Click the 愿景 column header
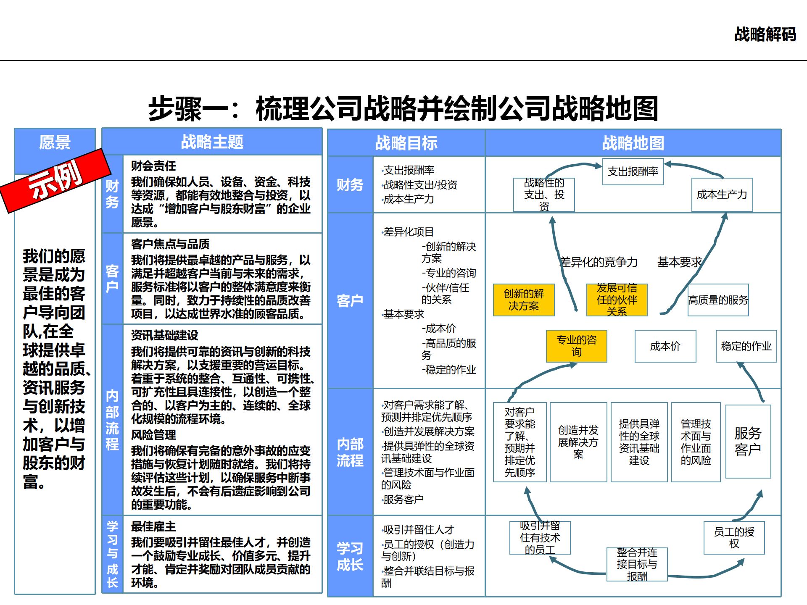pos(55,142)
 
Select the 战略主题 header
pos(212,142)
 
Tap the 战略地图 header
pos(633,143)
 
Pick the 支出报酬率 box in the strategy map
pos(633,171)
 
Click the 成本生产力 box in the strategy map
pos(722,195)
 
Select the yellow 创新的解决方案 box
pos(524,300)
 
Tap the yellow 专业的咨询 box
pos(576,346)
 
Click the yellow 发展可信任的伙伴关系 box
pos(617,300)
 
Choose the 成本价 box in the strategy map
pos(665,346)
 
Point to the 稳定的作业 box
pos(746,346)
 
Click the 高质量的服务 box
pos(718,300)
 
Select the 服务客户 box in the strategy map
pos(748,441)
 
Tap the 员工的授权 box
pos(734,538)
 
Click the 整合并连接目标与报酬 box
pos(637,564)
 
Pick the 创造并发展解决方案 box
pos(578,442)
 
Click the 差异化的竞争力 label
pos(599,262)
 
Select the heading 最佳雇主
pos(153,526)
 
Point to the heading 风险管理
pos(153,435)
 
